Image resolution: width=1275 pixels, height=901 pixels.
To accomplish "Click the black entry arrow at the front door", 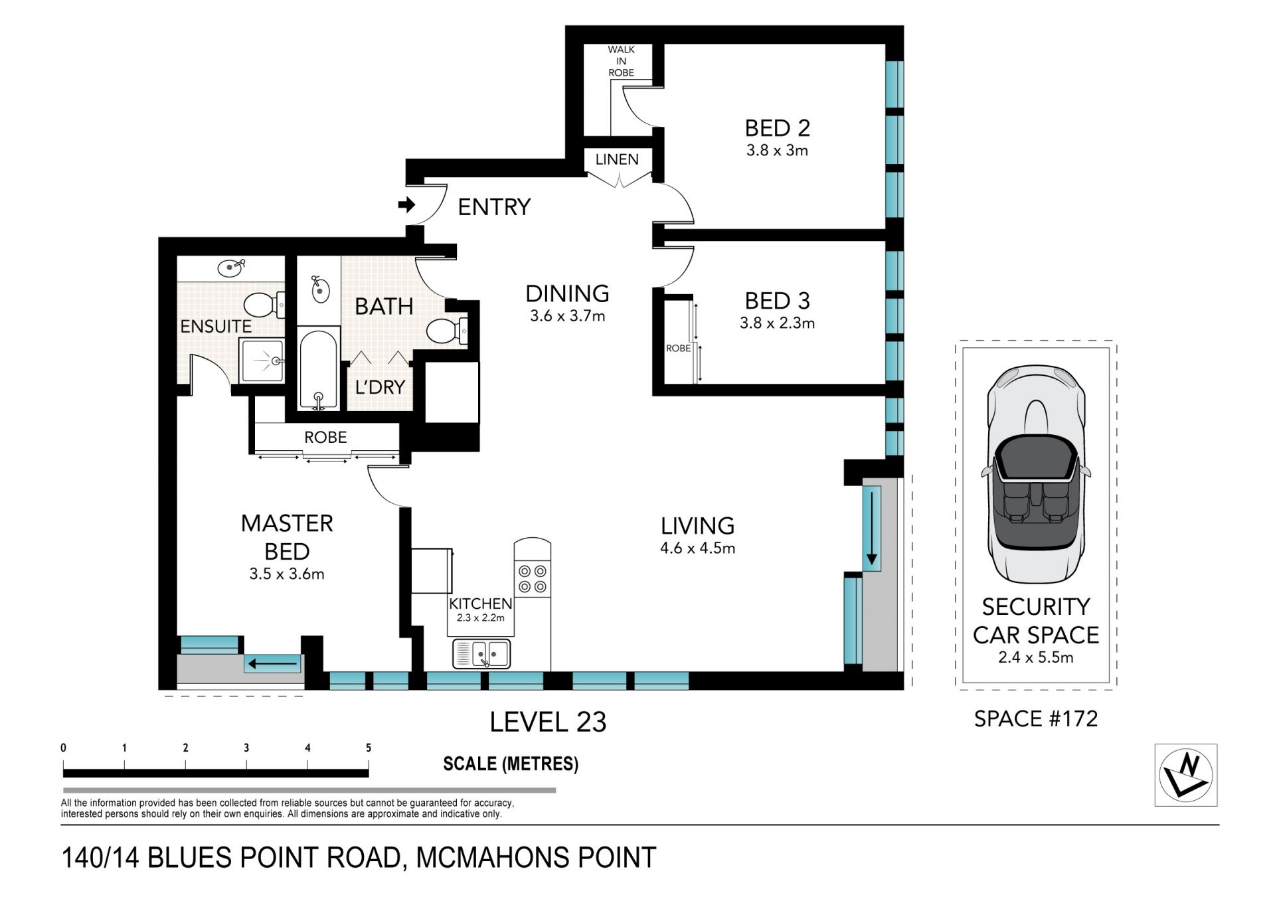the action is coord(406,205).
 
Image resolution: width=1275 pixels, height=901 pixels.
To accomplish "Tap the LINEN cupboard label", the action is coord(617,159).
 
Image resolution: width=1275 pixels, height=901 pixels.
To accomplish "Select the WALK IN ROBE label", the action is coord(621,61).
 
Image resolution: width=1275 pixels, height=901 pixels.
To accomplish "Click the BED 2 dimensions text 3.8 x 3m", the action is coord(777,150).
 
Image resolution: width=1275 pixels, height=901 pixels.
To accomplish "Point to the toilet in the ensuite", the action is coord(265,305).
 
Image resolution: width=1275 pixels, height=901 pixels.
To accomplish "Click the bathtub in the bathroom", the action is coord(318,370).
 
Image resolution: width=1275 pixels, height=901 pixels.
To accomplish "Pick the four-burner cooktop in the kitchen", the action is coord(533,578).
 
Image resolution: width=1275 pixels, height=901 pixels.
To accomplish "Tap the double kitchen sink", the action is coord(482,653).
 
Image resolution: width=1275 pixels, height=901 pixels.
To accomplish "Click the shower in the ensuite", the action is coord(262,361).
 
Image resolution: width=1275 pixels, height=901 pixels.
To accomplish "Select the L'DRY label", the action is coord(380,387).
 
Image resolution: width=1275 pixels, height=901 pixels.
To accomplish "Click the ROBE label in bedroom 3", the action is coord(678,348).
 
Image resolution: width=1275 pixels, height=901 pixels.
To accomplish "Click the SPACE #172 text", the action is coord(1036,718).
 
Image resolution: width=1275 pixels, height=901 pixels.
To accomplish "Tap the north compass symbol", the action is coord(1186,775).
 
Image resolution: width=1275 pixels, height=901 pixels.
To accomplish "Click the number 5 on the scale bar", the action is coord(369,748).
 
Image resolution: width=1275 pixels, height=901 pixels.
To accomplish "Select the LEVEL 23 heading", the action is coord(548,722).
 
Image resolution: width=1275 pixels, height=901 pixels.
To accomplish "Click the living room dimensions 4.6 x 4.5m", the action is coord(697,548).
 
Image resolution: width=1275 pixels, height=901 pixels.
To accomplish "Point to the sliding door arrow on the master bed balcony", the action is coord(272,663).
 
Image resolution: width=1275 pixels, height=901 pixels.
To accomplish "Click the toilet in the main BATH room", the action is coord(447,331).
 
